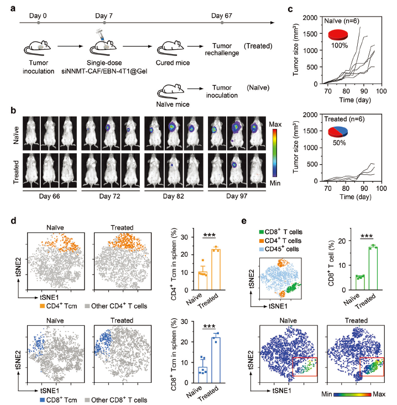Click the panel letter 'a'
coord(14,8)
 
